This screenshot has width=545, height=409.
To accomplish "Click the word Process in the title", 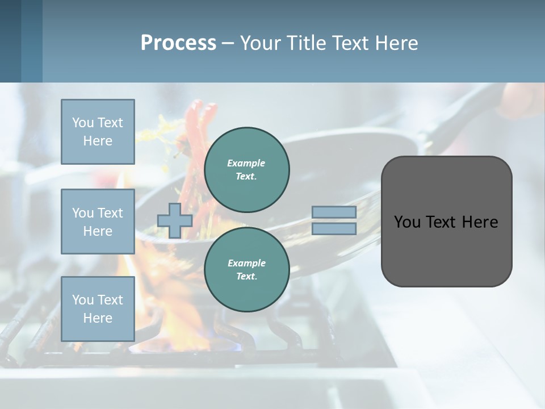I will pos(178,43).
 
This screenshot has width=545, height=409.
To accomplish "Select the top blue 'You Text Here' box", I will pos(98,132).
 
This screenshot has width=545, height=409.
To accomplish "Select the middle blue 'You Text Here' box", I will pos(98,222).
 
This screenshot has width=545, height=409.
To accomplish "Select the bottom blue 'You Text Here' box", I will pos(98,309).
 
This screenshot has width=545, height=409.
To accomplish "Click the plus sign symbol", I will pos(175,220).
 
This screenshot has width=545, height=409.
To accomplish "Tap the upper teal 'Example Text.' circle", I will pos(246,170).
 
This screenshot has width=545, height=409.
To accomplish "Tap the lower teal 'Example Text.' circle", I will pos(246,270).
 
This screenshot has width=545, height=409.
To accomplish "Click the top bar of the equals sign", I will pos(334,212).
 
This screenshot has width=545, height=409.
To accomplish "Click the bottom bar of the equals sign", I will pos(334,229).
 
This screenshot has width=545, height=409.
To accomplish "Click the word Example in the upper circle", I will pos(246,163).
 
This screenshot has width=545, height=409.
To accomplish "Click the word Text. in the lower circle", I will pos(246,277).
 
